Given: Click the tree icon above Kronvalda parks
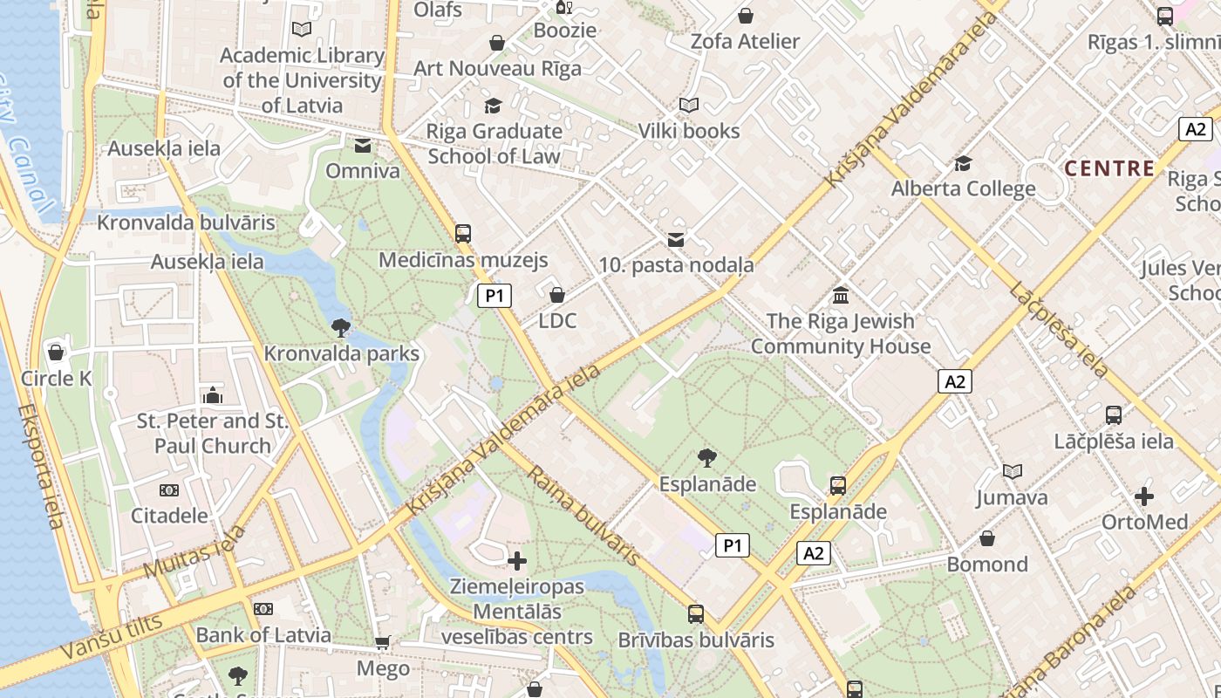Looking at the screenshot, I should [x=340, y=328].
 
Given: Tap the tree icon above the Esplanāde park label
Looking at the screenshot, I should [x=707, y=457].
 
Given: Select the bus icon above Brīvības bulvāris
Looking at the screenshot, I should [x=695, y=614].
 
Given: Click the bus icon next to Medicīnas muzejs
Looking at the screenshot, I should [x=463, y=234].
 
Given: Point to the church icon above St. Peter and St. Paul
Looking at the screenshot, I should [x=212, y=396].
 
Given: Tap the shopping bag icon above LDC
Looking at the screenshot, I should [x=557, y=295].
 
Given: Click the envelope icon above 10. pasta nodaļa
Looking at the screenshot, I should [x=676, y=239].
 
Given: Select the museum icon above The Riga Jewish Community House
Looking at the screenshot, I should [x=841, y=295].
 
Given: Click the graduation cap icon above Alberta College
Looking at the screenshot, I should [x=963, y=163].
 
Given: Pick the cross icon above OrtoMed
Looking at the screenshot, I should [x=1144, y=496].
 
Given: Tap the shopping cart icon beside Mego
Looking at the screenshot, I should [x=382, y=644].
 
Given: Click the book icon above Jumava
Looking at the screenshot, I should [x=1012, y=472].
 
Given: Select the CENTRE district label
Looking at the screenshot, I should [x=1110, y=168].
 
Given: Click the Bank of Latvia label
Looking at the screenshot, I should [x=263, y=635].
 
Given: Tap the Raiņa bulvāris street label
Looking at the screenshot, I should [x=583, y=515].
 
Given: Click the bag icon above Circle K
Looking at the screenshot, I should [x=57, y=352].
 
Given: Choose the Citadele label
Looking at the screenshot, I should [x=169, y=515].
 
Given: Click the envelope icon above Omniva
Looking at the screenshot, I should [x=363, y=146].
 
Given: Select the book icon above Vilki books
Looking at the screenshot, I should [x=689, y=106].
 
